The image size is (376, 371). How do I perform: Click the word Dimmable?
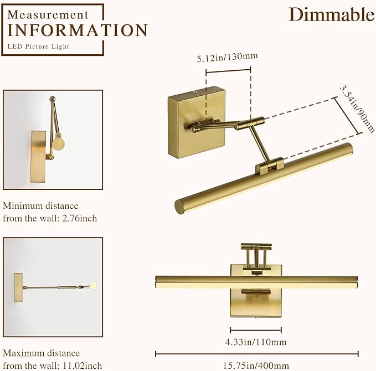[x=332, y=14]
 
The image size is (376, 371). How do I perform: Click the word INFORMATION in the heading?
[x=78, y=30]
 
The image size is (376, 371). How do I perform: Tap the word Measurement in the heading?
[x=48, y=14]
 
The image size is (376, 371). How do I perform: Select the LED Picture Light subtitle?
[x=39, y=47]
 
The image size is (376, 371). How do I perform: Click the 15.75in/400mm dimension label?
[x=256, y=365]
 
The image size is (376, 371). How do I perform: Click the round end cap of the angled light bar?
[x=181, y=207]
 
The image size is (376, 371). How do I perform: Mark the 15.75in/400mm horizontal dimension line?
[x=256, y=354]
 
